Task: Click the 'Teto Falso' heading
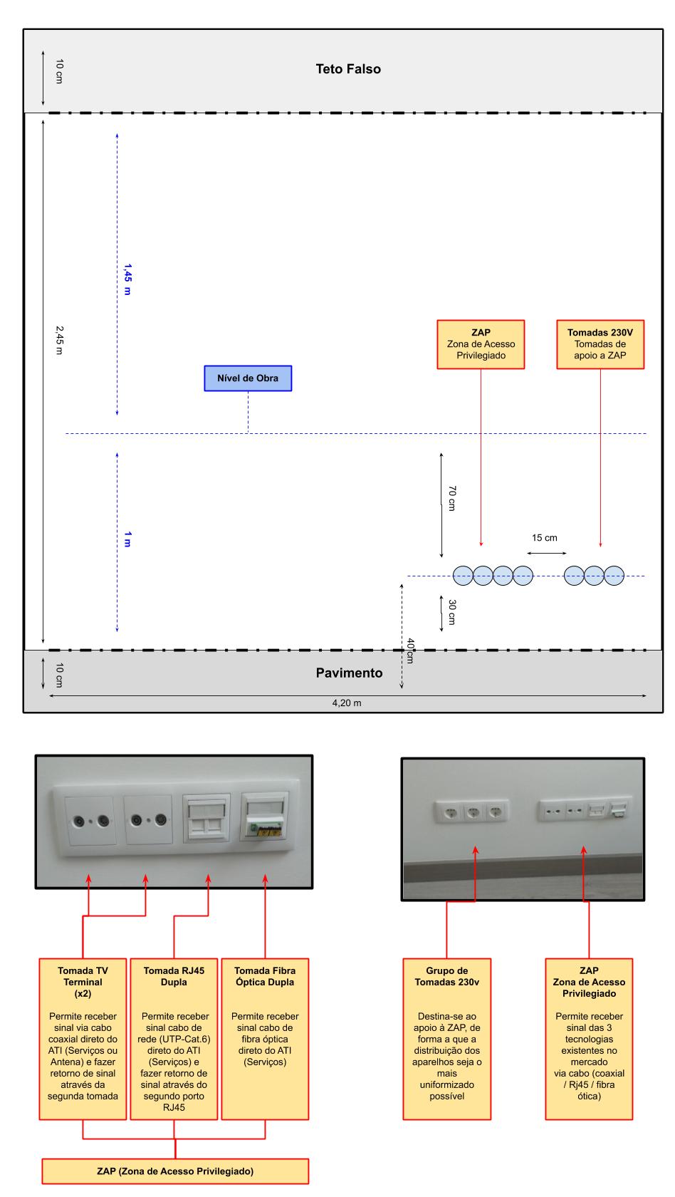[x=348, y=69]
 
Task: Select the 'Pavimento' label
[x=349, y=673]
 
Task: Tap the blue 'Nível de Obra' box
[x=248, y=378]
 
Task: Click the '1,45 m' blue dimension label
[x=127, y=279]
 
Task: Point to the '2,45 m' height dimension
[x=59, y=340]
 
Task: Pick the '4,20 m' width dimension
[x=347, y=703]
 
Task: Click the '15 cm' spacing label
[x=545, y=538]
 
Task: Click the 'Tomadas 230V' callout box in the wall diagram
[x=600, y=344]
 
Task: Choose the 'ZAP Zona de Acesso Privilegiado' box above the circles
[x=481, y=344]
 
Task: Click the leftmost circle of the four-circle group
[x=463, y=575]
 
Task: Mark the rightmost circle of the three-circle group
[x=614, y=575]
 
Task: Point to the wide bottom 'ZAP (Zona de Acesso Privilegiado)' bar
[x=175, y=1171]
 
